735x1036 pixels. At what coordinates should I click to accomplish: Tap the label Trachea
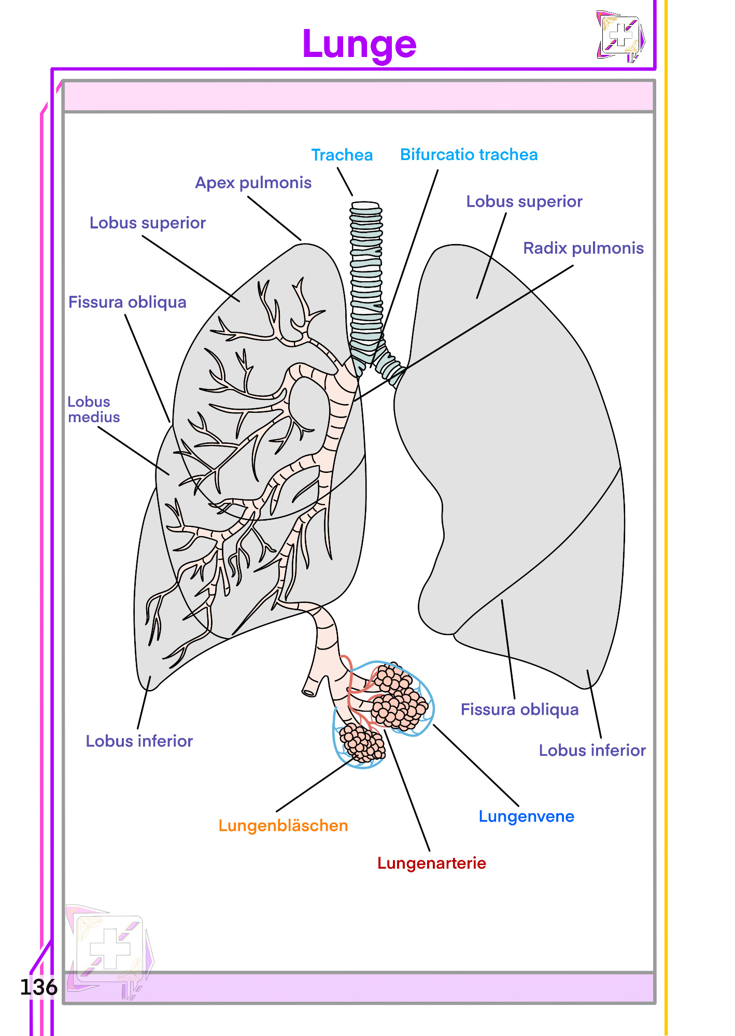pos(342,155)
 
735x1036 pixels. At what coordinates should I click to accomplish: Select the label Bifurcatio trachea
pos(469,154)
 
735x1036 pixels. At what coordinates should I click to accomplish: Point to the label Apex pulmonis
pos(253,183)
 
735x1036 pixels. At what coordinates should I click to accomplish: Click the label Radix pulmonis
pos(583,248)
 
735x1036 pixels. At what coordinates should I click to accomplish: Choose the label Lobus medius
pos(93,409)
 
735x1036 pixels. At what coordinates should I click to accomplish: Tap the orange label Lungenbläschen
pos(283,825)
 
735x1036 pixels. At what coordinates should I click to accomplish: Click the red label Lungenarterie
pos(431,863)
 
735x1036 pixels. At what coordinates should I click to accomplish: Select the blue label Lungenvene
pos(526,816)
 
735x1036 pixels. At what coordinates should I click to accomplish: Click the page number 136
pos(38,987)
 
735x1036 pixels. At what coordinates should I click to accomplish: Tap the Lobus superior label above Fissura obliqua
pos(148,223)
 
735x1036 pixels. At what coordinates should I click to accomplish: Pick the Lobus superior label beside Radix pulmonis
pos(524,202)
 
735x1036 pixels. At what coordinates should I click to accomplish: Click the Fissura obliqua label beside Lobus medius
pos(128,302)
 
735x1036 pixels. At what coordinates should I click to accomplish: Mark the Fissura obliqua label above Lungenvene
pos(519,709)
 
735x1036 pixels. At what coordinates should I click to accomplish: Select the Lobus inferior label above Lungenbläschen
pos(139,741)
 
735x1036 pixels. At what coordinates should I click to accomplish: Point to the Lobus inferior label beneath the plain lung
pos(592,751)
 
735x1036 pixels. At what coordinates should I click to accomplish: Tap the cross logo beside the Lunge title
pos(620,37)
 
